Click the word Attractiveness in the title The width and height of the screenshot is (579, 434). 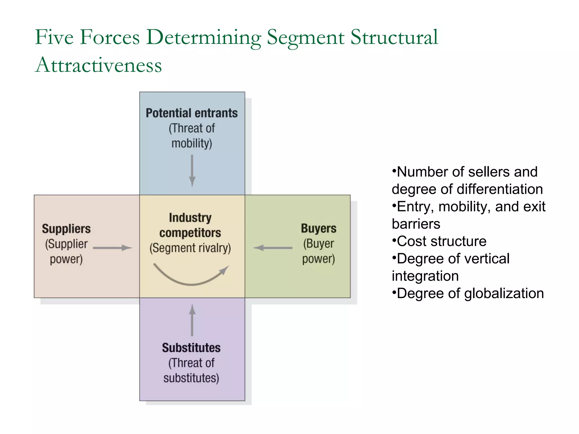[98, 65]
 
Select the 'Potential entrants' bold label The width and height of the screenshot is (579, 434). [192, 113]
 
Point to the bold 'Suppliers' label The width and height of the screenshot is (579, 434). [66, 229]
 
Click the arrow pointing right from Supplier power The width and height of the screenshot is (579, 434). [113, 248]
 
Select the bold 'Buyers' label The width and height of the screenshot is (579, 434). [319, 228]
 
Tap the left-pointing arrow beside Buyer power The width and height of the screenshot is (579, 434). [273, 248]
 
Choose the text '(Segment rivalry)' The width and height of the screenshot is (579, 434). [190, 248]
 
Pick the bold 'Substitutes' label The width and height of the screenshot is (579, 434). [191, 348]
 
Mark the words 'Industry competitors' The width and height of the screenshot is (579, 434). [190, 225]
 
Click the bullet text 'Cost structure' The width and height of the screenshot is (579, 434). [442, 241]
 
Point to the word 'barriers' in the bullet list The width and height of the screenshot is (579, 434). [416, 224]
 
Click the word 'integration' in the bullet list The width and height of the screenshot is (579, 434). [425, 276]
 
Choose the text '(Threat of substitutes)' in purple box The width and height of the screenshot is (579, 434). [191, 370]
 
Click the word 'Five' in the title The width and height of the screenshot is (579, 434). [54, 38]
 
